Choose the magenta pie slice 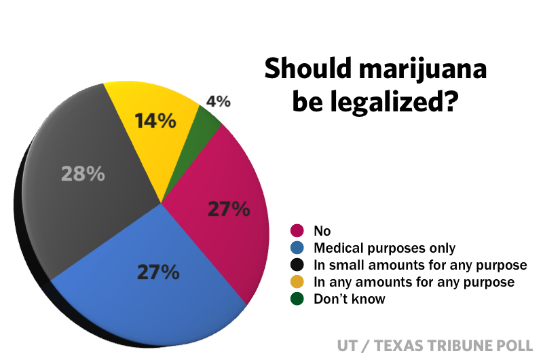[224, 224]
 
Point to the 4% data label [218, 102]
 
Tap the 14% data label [155, 122]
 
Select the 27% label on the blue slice [157, 272]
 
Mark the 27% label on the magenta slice [229, 209]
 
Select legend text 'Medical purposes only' [384, 248]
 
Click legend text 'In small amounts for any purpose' [420, 265]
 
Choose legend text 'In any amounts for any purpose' [414, 282]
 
